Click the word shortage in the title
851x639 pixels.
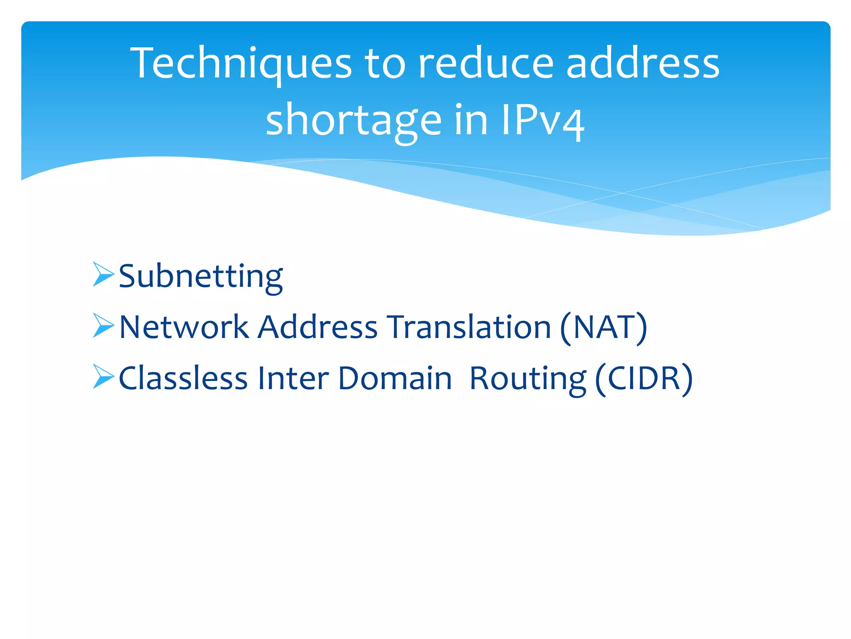(x=354, y=121)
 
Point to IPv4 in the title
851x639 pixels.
(x=543, y=121)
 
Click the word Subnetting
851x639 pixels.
(x=201, y=277)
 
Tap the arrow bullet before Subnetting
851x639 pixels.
(x=103, y=274)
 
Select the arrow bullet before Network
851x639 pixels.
(x=103, y=325)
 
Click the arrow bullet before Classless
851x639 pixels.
(x=103, y=376)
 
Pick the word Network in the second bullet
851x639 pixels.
(x=184, y=327)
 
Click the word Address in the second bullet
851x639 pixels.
(x=318, y=327)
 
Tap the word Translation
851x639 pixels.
(x=470, y=327)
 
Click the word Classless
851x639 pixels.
(x=183, y=379)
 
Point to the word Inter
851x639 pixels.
(x=293, y=379)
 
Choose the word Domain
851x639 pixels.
(x=395, y=379)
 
